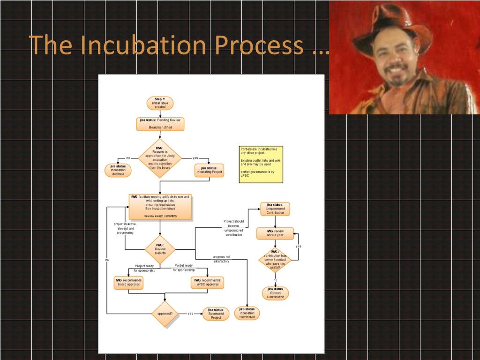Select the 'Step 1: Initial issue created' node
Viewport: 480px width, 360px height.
(160, 103)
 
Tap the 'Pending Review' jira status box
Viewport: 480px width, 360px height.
(160, 124)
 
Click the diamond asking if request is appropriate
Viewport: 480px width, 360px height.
(160, 158)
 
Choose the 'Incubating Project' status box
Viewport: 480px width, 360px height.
(209, 170)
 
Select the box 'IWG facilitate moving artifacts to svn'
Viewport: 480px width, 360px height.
(160, 206)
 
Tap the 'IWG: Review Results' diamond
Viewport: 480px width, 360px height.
(160, 249)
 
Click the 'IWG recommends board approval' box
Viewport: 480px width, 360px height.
(128, 283)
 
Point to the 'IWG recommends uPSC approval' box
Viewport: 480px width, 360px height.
(208, 283)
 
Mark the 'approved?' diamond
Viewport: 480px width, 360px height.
(165, 314)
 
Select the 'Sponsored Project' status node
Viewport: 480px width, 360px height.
(216, 314)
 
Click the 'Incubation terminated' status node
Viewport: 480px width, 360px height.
(247, 313)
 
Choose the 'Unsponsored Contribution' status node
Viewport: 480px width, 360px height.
(275, 209)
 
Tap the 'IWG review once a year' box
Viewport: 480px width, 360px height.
(275, 233)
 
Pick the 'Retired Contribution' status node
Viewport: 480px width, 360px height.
(275, 293)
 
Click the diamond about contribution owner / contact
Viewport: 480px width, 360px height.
(275, 260)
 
